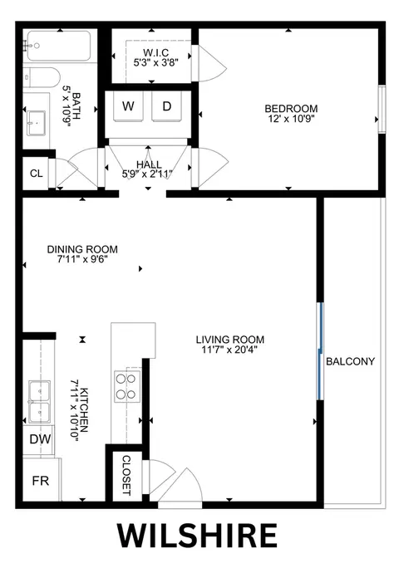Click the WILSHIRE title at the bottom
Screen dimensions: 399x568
tap(197, 536)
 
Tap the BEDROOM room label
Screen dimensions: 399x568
tap(291, 109)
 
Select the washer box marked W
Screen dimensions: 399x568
tap(128, 106)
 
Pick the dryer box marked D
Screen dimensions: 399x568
tap(166, 106)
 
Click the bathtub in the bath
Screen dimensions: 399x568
tap(59, 46)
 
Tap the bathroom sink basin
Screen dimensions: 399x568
tap(36, 123)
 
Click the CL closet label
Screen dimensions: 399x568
tap(37, 174)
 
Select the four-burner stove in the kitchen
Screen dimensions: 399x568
tap(127, 386)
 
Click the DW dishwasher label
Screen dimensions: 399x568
tap(40, 439)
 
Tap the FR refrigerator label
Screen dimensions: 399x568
tap(40, 481)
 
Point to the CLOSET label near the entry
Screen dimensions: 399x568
tap(126, 475)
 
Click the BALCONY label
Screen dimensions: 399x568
tap(350, 361)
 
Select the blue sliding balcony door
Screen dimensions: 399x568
tap(319, 351)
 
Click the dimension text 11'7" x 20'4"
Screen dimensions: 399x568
tap(229, 350)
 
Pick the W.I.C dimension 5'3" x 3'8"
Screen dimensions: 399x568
tap(155, 62)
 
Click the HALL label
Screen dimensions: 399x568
tap(149, 164)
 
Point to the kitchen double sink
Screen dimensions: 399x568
tap(40, 401)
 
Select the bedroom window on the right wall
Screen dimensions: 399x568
tap(382, 110)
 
